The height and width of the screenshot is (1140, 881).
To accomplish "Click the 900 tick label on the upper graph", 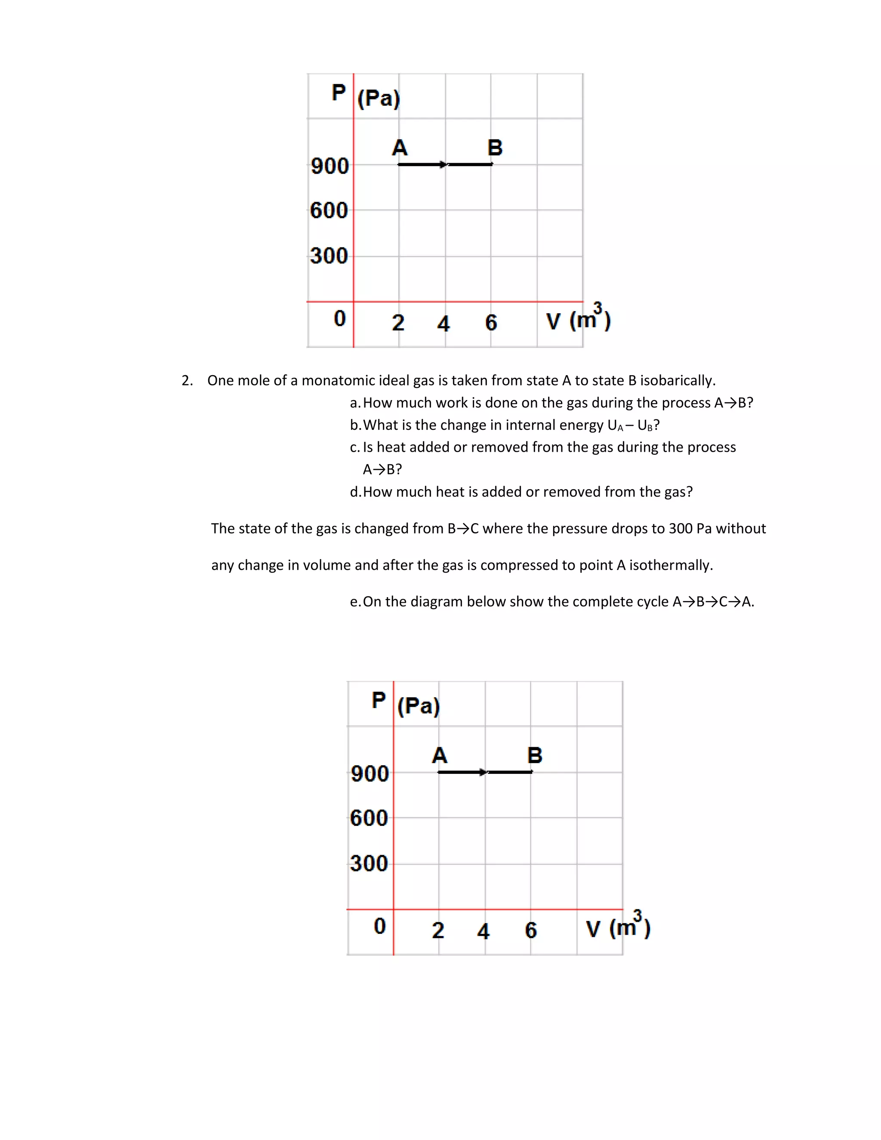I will click(x=330, y=166).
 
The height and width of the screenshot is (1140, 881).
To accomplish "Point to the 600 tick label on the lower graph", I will click(x=369, y=818).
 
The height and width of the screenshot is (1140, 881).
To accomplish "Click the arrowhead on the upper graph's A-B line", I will click(x=444, y=165).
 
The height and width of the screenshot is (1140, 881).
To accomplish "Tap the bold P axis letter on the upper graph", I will click(x=339, y=93).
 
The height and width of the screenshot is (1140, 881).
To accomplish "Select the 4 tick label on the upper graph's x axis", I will click(x=444, y=324).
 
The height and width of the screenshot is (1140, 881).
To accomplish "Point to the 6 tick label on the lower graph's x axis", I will click(x=531, y=930).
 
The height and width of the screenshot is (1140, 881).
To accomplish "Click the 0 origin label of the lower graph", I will click(x=380, y=926).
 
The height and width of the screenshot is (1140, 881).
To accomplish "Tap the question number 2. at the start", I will click(x=187, y=381).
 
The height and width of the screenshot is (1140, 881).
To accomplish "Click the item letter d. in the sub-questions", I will click(x=355, y=492).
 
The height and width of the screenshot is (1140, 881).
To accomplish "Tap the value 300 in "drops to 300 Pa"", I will click(x=681, y=528).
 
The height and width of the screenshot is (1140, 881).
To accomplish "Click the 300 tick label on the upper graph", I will click(x=329, y=256).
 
